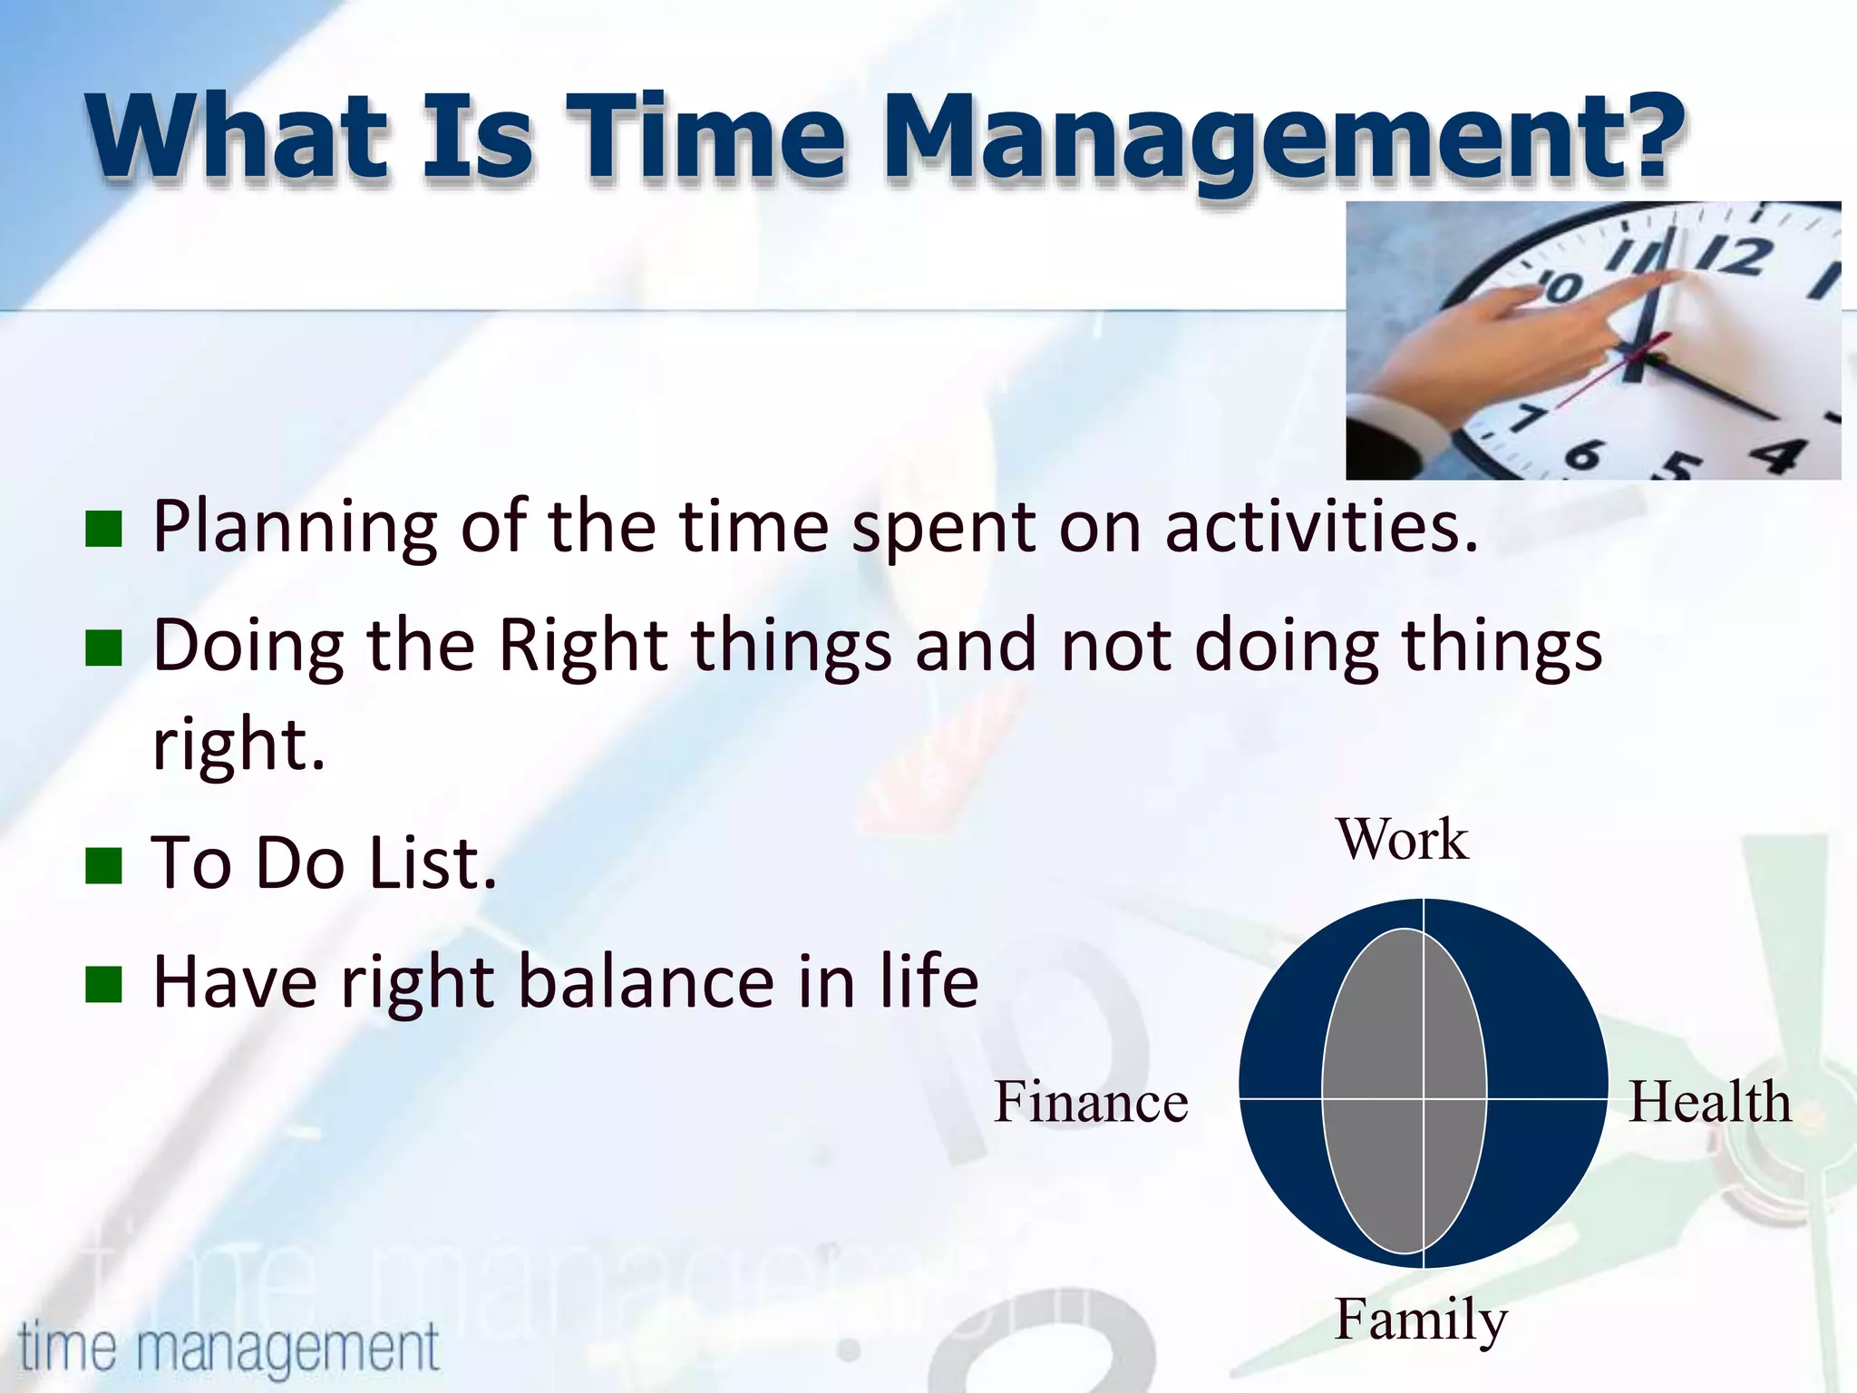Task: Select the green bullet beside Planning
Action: [x=103, y=530]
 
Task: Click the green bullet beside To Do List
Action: [x=103, y=865]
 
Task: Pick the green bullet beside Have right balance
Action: [x=103, y=984]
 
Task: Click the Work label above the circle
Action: [x=1402, y=839]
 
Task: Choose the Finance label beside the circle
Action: [x=1091, y=1102]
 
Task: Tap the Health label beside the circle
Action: [x=1709, y=1102]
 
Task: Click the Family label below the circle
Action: [x=1420, y=1320]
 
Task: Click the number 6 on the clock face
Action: [x=1582, y=453]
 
